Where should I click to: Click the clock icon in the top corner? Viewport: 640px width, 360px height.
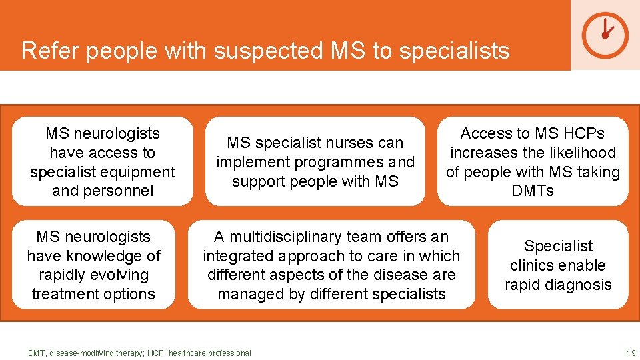(x=605, y=35)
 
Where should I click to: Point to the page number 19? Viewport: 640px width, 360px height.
(x=631, y=353)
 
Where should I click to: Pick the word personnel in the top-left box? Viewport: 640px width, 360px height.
(x=117, y=191)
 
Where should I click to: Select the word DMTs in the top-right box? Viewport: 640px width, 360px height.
(x=533, y=191)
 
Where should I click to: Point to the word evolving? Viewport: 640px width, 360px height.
(x=121, y=275)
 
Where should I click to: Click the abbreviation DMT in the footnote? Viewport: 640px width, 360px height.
(x=37, y=353)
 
